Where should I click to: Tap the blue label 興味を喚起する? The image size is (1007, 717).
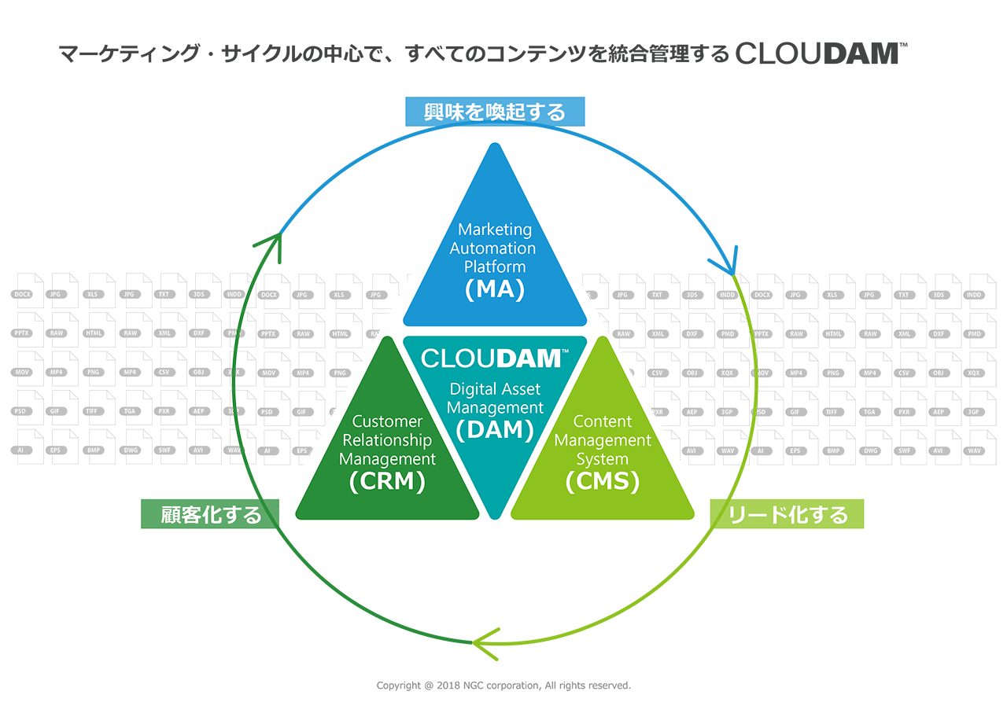coord(495,112)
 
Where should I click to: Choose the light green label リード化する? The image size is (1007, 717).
coord(788,514)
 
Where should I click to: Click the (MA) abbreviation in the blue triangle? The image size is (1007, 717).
coord(495,289)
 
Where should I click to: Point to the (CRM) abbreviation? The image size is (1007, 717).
coord(387,481)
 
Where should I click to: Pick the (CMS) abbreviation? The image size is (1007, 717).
coord(603,481)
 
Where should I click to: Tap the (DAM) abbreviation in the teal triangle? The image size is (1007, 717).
coord(495,429)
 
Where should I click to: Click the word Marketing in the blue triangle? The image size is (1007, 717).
coord(495,230)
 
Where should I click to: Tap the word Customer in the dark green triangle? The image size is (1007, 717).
coord(387,421)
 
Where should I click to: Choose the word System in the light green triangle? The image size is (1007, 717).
coord(603,459)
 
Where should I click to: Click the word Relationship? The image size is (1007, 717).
coord(387,440)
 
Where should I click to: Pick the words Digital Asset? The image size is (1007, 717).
coord(495,388)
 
